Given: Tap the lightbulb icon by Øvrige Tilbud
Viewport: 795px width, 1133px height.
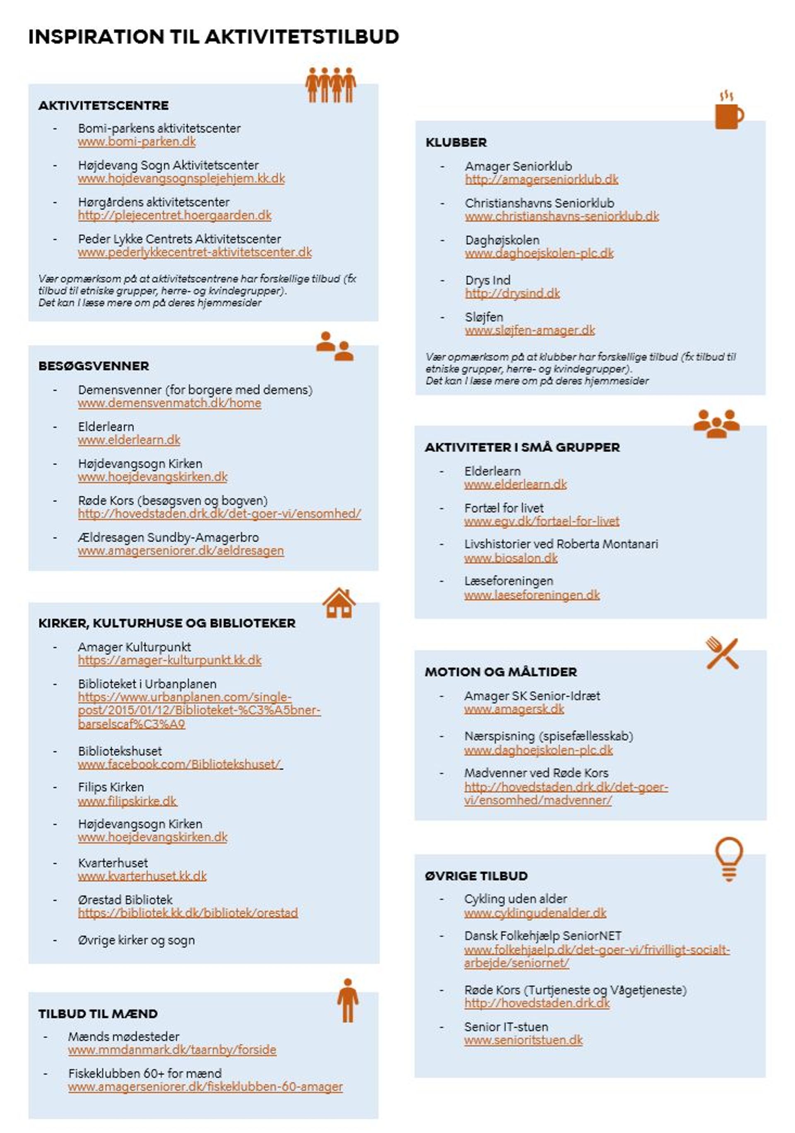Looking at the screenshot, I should coord(728,859).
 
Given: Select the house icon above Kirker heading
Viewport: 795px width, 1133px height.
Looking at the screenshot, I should coord(339,603).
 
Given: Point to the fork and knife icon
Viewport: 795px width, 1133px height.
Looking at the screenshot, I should coord(722,653).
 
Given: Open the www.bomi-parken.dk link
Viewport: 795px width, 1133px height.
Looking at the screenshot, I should coord(137,142).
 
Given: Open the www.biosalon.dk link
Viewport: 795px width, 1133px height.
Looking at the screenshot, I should coord(511,558).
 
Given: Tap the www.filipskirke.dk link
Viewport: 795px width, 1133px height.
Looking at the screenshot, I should coord(127,802).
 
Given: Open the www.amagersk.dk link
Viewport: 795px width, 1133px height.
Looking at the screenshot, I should coord(513,710).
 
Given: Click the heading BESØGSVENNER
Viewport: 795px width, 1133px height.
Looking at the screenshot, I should coord(94,366).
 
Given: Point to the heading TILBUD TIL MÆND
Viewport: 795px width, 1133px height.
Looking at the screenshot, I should coord(98,1014).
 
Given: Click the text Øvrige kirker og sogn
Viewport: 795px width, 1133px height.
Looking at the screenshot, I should coord(136,940).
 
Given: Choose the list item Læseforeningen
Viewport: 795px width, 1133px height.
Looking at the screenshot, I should coord(508,581).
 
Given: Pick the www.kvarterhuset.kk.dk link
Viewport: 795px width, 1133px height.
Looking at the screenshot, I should coord(142,877).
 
